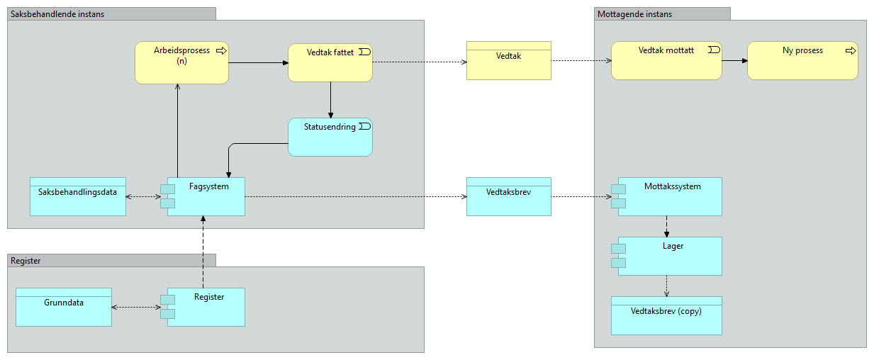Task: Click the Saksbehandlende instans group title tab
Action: (111, 13)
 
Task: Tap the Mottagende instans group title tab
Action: (661, 13)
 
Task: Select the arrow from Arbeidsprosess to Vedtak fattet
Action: (258, 62)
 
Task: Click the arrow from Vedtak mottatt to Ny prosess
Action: (734, 61)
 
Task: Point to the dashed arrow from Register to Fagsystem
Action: (203, 252)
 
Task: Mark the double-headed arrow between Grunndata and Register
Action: (137, 307)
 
